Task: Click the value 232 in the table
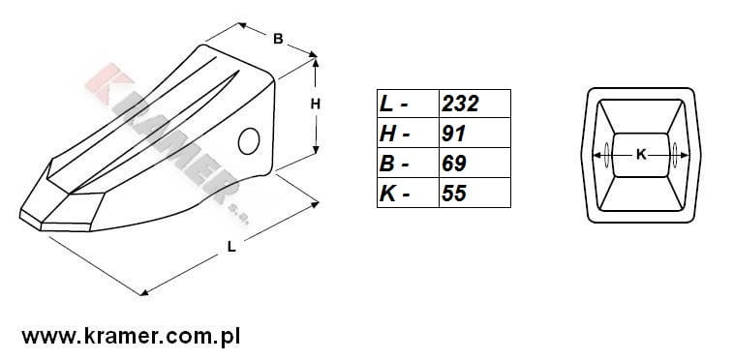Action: click(460, 104)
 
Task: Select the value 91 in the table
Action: click(453, 134)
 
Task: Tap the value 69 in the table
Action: click(453, 164)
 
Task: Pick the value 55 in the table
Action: click(453, 194)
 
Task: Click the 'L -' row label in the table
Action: click(394, 104)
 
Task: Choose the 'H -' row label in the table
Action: click(395, 134)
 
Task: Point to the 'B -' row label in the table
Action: click(394, 164)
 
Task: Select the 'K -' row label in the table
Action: click(395, 194)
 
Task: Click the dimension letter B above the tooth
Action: click(278, 40)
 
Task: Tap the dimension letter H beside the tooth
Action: click(316, 105)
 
